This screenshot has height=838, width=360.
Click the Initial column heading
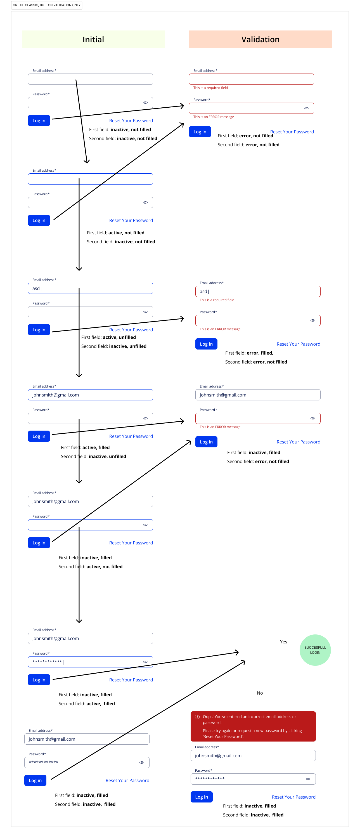93,39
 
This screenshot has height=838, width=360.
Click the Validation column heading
260,39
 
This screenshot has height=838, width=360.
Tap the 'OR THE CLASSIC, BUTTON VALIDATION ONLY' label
46,5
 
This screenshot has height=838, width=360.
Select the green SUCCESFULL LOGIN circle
315,650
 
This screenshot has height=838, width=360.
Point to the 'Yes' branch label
284,642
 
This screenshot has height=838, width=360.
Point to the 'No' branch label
260,693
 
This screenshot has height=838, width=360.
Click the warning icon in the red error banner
197,717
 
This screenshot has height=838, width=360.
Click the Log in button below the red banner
202,797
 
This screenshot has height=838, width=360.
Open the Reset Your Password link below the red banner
294,797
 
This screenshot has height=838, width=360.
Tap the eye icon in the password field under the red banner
308,779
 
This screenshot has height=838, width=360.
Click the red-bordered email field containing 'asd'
258,291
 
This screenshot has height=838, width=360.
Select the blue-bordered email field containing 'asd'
90,288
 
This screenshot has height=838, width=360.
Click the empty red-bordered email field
251,79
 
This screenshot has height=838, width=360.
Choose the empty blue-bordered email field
90,179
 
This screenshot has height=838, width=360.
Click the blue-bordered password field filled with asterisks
90,662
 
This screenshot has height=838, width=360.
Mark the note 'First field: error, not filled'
245,136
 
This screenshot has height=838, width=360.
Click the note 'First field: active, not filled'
115,233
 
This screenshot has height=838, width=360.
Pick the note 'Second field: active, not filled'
90,566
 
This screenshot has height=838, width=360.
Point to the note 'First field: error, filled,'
249,353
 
